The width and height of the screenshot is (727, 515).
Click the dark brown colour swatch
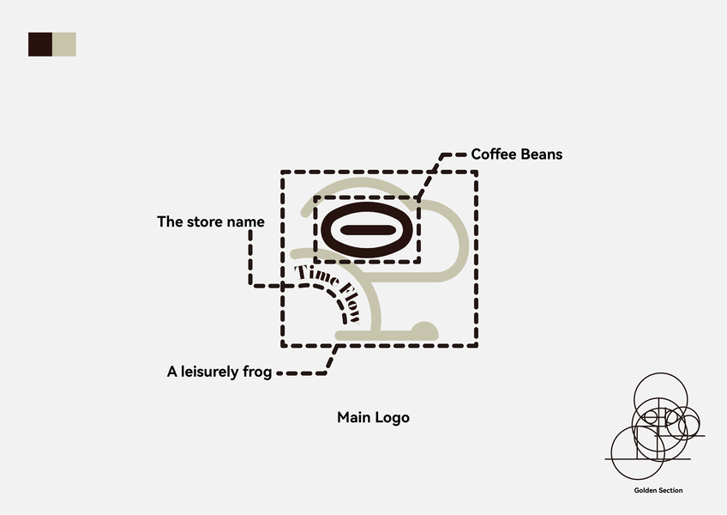pyautogui.click(x=40, y=45)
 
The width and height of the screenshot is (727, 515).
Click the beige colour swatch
pyautogui.click(x=64, y=45)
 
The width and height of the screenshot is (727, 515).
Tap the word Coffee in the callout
pyautogui.click(x=494, y=154)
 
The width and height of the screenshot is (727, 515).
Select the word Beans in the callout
pyautogui.click(x=541, y=154)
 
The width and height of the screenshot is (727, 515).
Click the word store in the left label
pyautogui.click(x=206, y=221)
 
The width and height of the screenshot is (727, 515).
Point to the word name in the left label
pyautogui.click(x=246, y=221)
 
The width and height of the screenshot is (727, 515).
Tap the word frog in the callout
pyautogui.click(x=256, y=373)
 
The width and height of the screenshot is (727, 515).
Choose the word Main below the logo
pyautogui.click(x=352, y=418)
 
